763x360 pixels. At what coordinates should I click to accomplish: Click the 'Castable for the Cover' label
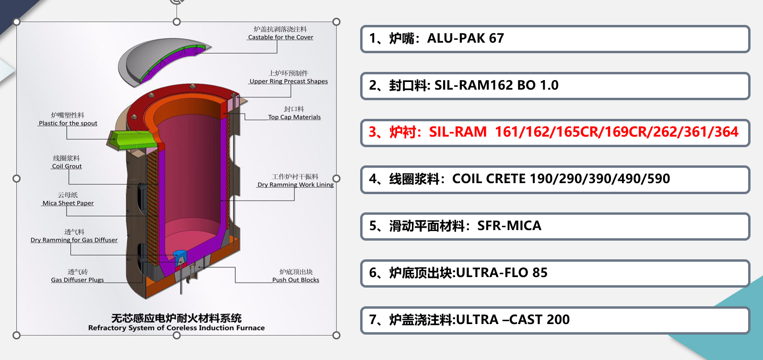(281, 37)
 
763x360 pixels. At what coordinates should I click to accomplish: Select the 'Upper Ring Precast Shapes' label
(289, 81)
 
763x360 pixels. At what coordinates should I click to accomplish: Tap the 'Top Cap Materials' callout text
(294, 117)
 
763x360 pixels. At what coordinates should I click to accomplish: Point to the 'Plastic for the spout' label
(68, 123)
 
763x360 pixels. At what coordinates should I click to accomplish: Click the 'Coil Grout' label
(67, 166)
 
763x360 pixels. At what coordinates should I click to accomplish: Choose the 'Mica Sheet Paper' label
(68, 203)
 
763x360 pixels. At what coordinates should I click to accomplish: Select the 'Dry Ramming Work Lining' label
(295, 185)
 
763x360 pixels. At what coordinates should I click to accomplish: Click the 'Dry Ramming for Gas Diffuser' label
(74, 240)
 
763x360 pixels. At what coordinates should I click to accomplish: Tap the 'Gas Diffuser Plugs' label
(77, 280)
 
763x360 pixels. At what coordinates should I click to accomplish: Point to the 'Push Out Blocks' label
(295, 280)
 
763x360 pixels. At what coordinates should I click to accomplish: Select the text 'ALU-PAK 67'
(465, 38)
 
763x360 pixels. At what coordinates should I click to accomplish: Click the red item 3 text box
(555, 132)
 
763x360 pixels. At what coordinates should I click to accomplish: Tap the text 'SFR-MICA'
(509, 226)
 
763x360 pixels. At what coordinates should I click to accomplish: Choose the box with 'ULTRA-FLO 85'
(555, 273)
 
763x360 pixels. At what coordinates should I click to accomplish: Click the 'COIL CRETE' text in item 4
(489, 179)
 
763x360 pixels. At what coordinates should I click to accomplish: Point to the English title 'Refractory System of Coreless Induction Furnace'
(176, 328)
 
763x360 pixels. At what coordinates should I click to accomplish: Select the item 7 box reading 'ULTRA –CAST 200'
(555, 320)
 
